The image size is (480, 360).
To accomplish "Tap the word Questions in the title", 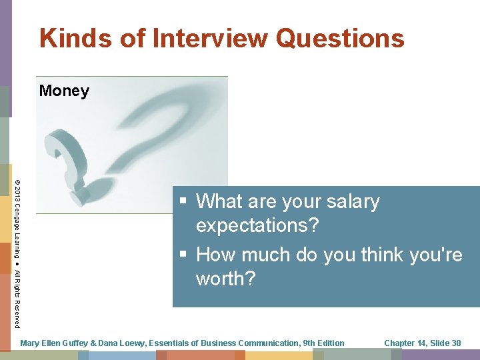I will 339,38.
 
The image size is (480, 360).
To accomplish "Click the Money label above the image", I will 64,91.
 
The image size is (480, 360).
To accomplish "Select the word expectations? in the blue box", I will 257,225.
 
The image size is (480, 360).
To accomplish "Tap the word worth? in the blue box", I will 225,279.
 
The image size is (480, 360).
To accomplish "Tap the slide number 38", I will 456,343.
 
